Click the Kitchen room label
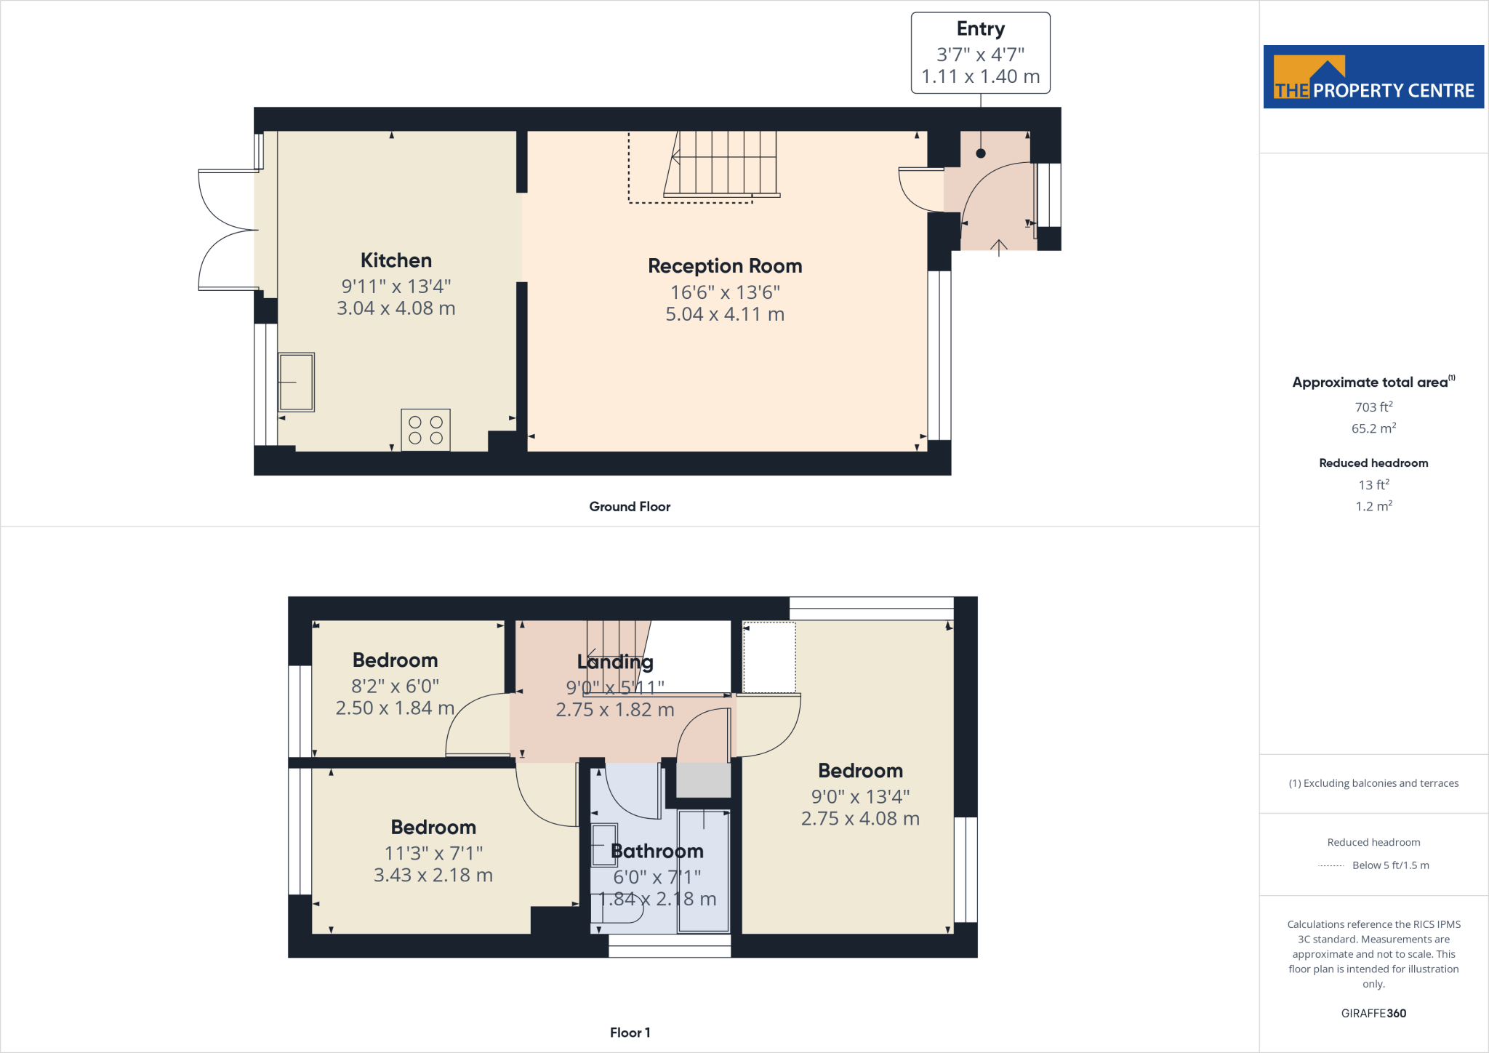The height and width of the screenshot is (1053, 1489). tap(396, 260)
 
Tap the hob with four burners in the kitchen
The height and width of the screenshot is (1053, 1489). tap(425, 431)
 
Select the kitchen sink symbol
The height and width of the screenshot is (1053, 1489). tap(297, 383)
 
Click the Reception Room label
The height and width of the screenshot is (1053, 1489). tap(725, 266)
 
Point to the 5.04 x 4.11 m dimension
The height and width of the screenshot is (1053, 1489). tap(725, 314)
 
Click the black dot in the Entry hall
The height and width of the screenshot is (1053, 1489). tap(981, 153)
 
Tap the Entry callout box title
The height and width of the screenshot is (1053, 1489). tap(980, 29)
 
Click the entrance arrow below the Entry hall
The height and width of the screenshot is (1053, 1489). tap(999, 248)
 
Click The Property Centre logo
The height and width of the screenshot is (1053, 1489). tap(1373, 77)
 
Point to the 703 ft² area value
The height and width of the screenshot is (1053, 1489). tap(1373, 407)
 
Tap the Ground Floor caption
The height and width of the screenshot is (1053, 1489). tap(630, 507)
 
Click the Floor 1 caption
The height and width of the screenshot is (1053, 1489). tap(630, 1033)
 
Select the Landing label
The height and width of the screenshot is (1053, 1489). tap(615, 662)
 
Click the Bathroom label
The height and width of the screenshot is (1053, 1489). tap(657, 852)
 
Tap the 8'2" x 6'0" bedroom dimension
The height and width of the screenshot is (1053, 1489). tap(395, 686)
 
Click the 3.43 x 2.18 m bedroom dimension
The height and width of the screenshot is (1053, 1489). tap(433, 876)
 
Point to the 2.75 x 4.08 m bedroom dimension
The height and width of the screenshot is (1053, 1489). tap(860, 819)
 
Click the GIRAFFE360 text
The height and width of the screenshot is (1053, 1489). tap(1373, 1014)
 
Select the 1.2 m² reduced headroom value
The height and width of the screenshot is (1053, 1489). tap(1373, 506)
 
